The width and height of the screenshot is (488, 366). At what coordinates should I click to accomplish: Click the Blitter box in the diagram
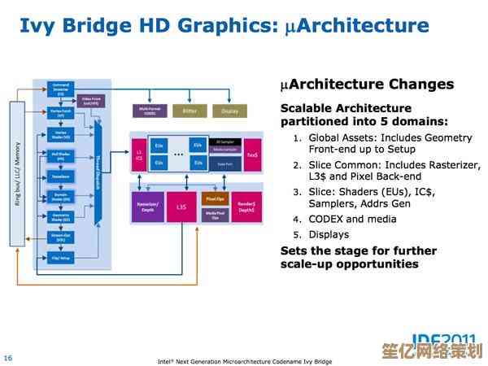pos(189,110)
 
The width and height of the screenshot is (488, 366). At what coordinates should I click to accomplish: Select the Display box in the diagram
pos(230,110)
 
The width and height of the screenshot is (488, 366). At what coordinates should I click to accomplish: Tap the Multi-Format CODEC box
pos(149,111)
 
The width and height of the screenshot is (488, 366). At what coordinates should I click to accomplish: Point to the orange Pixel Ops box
pos(215,198)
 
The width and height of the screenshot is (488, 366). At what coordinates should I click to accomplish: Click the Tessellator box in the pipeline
pos(61,176)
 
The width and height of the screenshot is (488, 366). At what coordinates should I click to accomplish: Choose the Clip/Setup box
pos(61,259)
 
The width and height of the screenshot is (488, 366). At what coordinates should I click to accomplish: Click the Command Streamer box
pos(61,87)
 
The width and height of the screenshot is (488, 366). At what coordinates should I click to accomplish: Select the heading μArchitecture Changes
pos(367,84)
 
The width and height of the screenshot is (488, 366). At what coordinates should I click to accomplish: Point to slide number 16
pos(7,357)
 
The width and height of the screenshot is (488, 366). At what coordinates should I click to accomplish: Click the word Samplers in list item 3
pos(335,203)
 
